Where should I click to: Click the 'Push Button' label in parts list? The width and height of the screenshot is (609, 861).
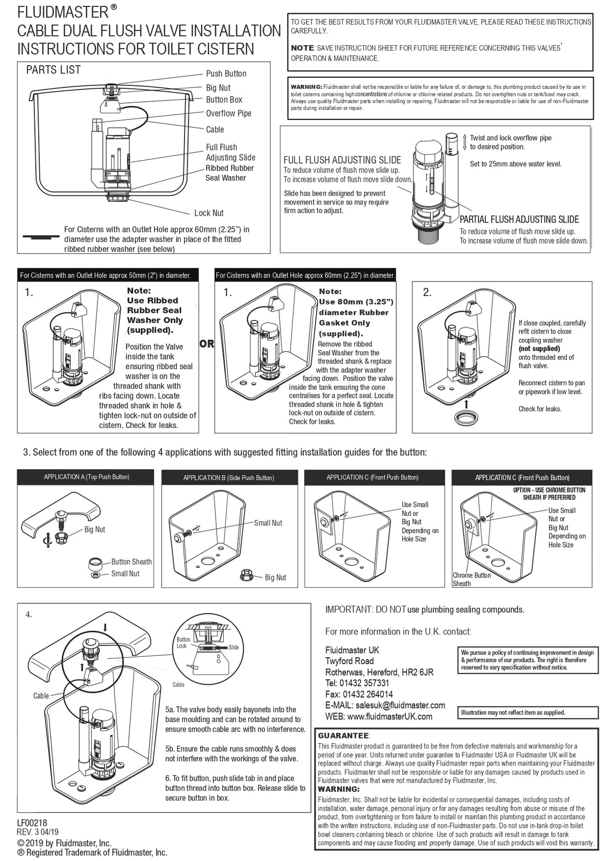click(226, 73)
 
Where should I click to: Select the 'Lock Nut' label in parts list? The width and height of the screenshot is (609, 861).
click(209, 213)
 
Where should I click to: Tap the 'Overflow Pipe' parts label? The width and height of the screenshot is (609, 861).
click(228, 113)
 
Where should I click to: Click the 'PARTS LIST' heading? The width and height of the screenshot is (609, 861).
click(53, 70)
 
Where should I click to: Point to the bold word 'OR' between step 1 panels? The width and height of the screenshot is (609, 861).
click(207, 344)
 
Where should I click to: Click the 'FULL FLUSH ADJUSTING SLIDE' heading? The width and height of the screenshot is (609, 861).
click(342, 160)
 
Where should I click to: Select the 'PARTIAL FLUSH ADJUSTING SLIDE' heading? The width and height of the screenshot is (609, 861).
click(519, 219)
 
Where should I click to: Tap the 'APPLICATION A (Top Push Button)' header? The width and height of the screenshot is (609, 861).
click(86, 477)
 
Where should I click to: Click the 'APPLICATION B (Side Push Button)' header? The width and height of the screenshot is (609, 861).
click(229, 478)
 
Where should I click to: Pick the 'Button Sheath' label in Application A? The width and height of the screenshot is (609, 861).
click(131, 561)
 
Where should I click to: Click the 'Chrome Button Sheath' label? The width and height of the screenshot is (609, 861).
click(471, 579)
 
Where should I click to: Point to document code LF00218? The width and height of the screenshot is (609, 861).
click(32, 823)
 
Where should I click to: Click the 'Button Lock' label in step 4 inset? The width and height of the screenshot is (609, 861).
click(183, 643)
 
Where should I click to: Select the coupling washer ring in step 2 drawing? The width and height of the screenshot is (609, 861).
click(467, 417)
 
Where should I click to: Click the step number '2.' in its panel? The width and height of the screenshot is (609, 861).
click(427, 293)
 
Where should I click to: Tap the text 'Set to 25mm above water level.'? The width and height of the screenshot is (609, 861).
click(515, 164)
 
